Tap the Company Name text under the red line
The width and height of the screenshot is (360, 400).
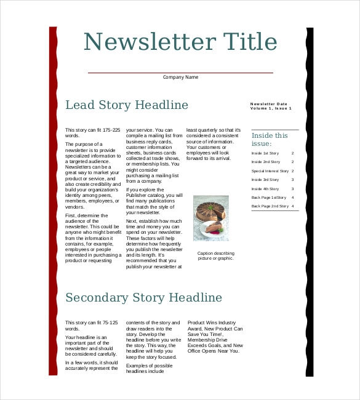coord(180,78)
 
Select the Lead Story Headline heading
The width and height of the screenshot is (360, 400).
coord(127,105)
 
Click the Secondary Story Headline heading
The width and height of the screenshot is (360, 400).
coord(143,298)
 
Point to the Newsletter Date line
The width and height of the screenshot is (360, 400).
coord(269,103)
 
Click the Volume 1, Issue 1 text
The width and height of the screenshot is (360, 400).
coord(271,108)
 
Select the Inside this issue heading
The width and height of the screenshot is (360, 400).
coord(270,140)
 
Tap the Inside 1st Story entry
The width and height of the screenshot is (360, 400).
coord(265,153)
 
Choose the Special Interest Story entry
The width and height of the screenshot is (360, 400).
coord(270,171)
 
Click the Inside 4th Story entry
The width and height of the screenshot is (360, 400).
coord(265,189)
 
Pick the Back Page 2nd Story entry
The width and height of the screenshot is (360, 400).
coord(270,206)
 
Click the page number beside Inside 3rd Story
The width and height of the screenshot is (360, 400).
coord(292,180)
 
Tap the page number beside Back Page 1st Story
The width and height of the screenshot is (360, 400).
coord(292,198)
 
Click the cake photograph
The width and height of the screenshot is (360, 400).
coord(211,218)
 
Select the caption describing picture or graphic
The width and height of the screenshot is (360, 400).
coord(215,255)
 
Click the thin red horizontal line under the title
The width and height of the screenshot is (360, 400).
coord(180,73)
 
